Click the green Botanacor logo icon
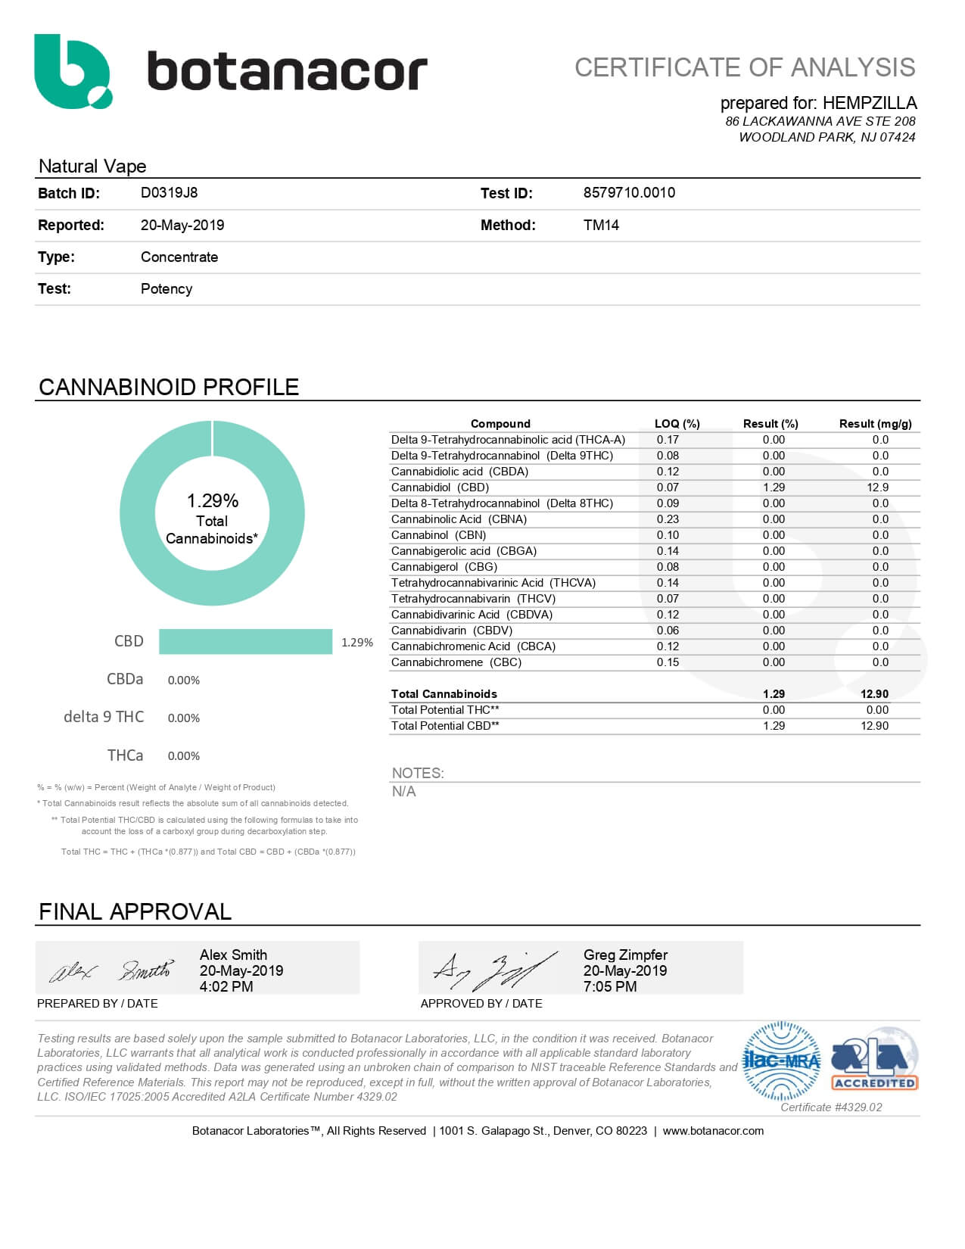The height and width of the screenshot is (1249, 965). (73, 71)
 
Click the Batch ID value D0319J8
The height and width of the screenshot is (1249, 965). (169, 193)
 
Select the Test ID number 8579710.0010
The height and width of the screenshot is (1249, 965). (629, 193)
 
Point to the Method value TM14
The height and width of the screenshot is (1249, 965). (601, 225)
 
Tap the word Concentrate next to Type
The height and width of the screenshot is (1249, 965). (179, 257)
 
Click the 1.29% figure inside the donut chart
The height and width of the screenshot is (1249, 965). (213, 500)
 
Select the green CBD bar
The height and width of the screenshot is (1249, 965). (245, 641)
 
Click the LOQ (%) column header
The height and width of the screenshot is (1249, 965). (677, 424)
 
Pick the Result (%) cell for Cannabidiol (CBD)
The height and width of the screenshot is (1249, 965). (774, 487)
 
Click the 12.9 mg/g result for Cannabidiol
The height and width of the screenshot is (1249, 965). (878, 487)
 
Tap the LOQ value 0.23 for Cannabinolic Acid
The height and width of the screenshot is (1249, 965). (668, 519)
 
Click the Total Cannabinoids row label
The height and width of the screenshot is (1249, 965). (444, 694)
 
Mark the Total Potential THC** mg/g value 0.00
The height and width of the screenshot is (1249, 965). (877, 710)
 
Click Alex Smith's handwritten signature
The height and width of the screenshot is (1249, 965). (111, 970)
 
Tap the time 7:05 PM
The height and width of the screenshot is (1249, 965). (610, 986)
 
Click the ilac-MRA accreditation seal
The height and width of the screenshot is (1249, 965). (782, 1061)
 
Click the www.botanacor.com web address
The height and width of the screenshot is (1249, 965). (713, 1131)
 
